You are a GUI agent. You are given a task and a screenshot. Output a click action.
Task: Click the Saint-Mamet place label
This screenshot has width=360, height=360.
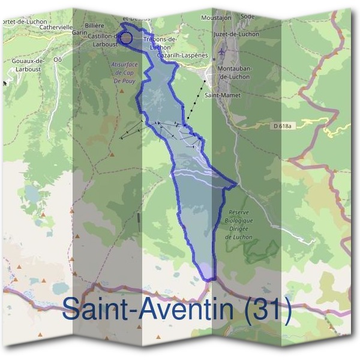[x=219, y=95]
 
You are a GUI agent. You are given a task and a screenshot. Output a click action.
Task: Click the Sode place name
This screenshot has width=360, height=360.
[x=247, y=17]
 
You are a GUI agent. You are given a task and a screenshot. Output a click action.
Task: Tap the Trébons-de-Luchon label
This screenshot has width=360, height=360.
[x=160, y=43]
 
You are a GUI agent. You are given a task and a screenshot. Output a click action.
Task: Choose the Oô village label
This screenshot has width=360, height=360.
[x=58, y=59]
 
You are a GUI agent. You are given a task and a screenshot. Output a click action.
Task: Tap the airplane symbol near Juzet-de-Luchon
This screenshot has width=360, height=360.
[x=223, y=52]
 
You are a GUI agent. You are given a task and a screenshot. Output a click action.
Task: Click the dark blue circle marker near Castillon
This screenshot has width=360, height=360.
[x=126, y=38]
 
